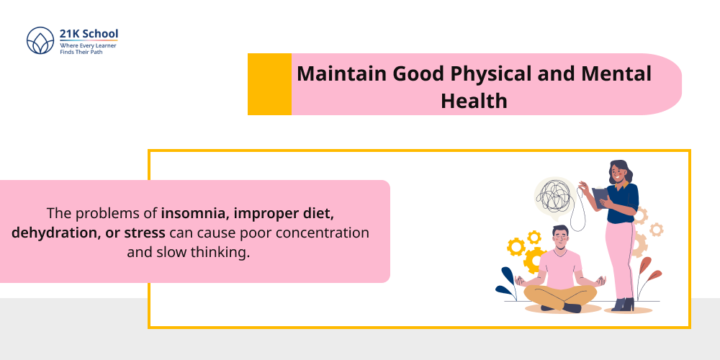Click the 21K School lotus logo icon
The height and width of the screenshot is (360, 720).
[x=40, y=42]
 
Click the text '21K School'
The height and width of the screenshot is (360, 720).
[x=89, y=34]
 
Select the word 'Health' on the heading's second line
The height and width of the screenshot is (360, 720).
[x=474, y=102]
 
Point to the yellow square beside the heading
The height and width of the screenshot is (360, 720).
[x=269, y=84]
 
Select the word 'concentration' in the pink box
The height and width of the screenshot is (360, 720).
[x=329, y=233]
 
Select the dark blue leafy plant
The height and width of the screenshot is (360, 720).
[x=507, y=282]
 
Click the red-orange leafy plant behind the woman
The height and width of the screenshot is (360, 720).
[x=647, y=277]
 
